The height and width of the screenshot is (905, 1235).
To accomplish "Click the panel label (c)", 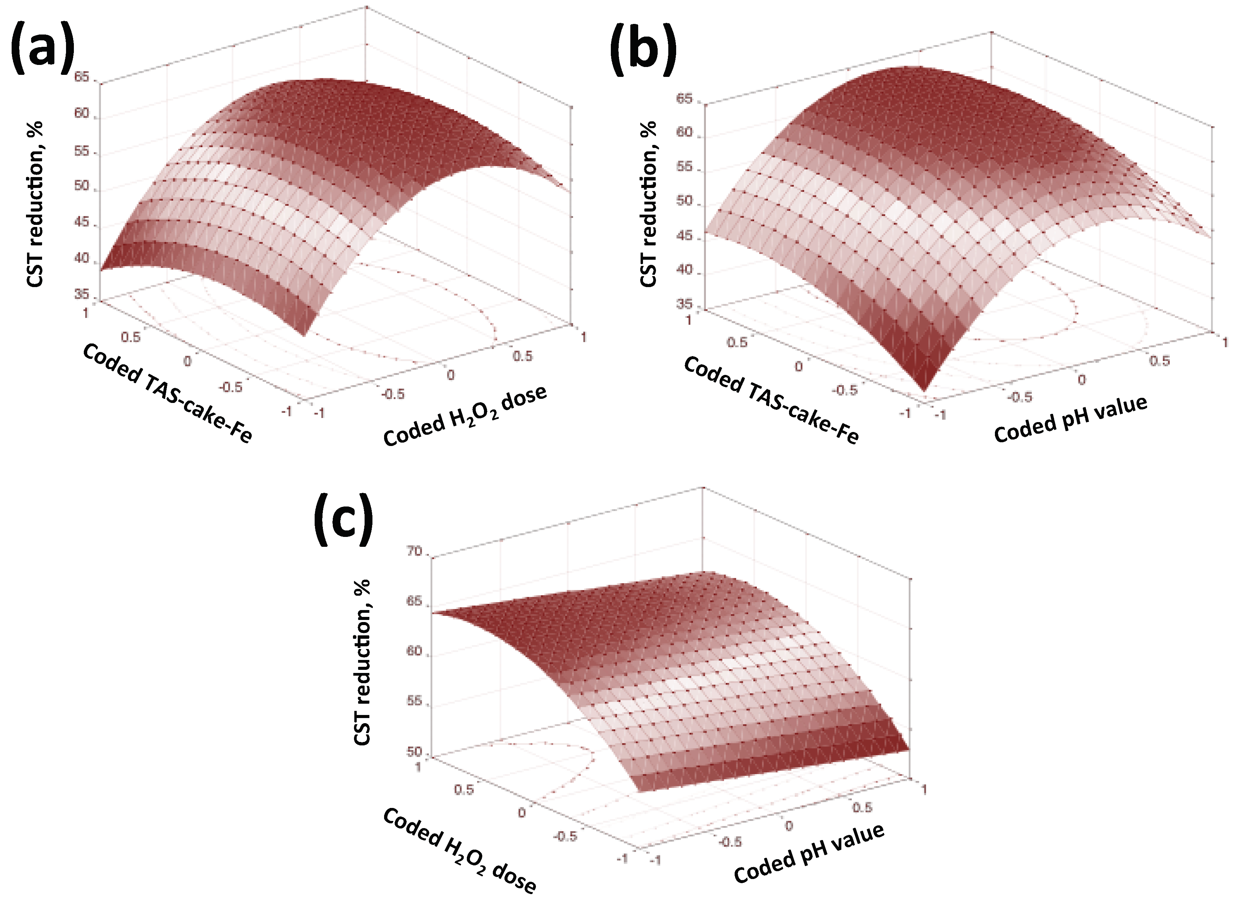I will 344,520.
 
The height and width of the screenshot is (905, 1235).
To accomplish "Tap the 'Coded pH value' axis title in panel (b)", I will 1070,419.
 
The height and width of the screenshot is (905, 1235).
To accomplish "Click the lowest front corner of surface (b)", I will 924,390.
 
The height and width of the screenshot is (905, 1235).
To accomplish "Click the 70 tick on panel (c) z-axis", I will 415,551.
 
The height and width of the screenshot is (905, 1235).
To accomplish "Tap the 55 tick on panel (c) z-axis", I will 415,701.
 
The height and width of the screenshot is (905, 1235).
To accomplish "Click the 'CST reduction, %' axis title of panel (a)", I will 35,204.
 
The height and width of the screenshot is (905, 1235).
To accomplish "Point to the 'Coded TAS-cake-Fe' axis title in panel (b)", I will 771,400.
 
